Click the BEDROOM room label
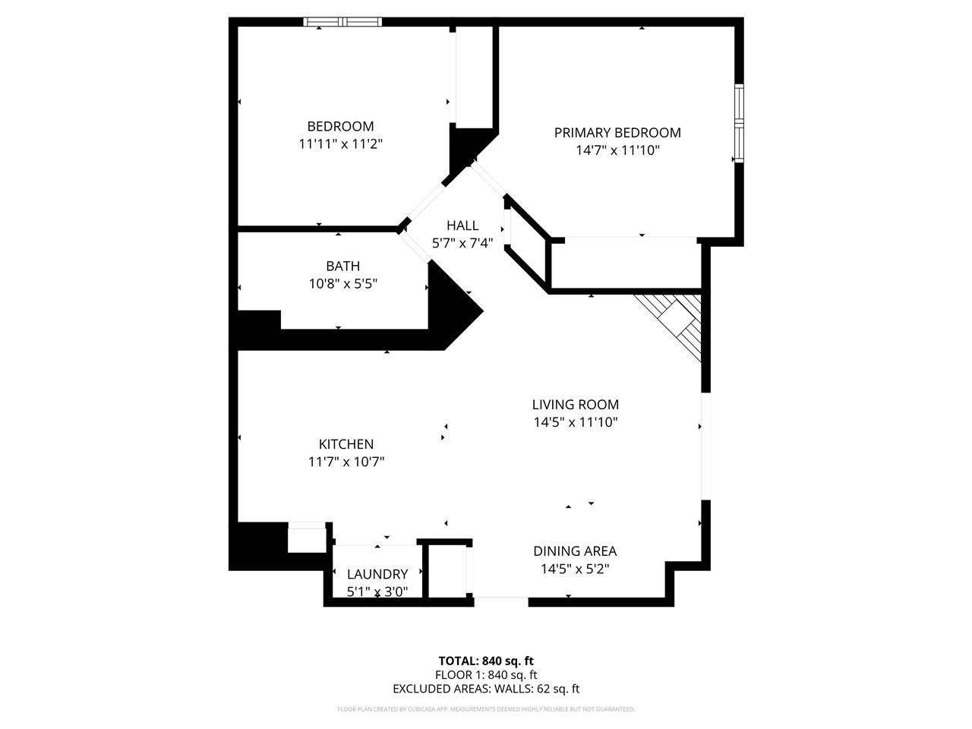point(340,126)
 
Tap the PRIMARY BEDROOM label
point(617,133)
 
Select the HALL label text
point(462,226)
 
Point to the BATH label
point(342,267)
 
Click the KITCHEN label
point(346,444)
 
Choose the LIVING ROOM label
point(575,405)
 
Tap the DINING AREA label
point(574,551)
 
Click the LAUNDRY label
point(377,574)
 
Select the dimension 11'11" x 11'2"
point(340,144)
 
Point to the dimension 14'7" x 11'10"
point(617,150)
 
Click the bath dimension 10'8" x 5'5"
point(342,284)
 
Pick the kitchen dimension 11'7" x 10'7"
point(346,462)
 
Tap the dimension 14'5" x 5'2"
point(574,569)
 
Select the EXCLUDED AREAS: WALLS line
point(485,689)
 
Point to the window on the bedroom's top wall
point(342,22)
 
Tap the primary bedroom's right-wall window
point(738,122)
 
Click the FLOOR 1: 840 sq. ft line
point(485,674)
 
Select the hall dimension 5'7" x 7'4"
point(462,243)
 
